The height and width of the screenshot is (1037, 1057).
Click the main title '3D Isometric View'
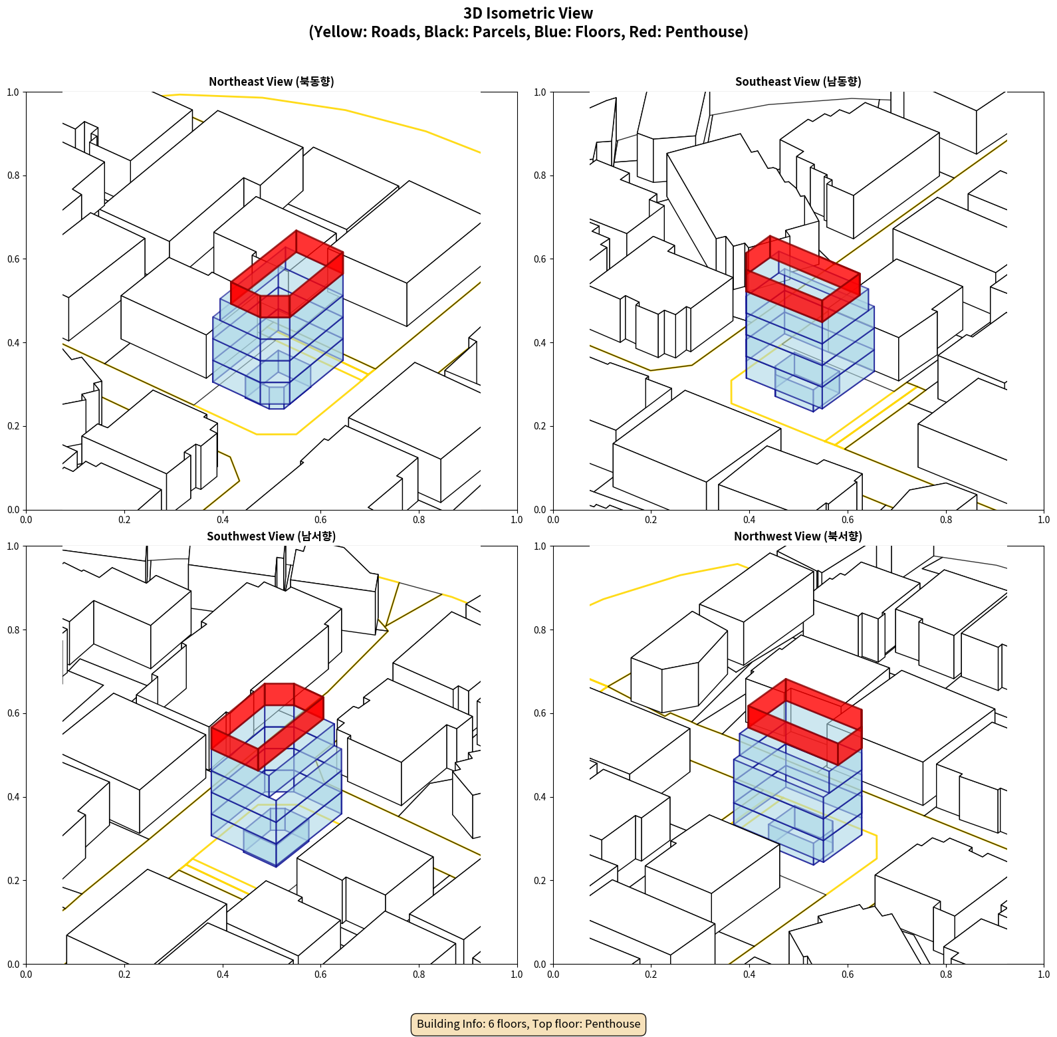(x=528, y=13)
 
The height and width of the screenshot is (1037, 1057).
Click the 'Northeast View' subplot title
(x=271, y=82)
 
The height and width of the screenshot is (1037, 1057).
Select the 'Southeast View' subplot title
(x=798, y=82)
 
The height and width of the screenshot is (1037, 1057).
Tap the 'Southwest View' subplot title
(x=271, y=536)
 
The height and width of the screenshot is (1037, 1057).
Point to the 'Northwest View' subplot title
(x=798, y=536)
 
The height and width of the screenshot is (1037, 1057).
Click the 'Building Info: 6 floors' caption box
(x=528, y=1024)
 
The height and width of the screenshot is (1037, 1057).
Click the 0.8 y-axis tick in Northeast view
(x=13, y=175)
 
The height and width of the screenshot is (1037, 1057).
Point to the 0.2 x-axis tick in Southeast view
(x=651, y=520)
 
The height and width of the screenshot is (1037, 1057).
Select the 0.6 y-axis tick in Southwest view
(x=13, y=713)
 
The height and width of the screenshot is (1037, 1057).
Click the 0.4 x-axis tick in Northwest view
(x=749, y=975)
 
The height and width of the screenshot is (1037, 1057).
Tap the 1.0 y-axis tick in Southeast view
(x=540, y=92)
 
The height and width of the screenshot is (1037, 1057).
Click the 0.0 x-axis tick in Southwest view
(x=26, y=975)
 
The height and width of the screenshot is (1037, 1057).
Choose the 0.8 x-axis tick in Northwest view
(x=946, y=975)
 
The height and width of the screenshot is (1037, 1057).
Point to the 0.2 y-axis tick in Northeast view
(x=13, y=426)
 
